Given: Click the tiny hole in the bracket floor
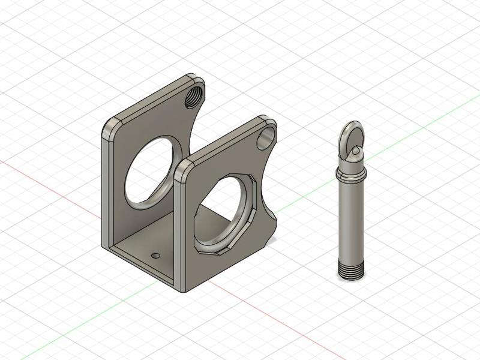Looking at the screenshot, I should click(x=156, y=256).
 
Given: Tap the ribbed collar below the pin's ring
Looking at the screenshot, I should click(x=350, y=173).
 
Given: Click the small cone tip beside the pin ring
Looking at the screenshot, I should click(x=358, y=150).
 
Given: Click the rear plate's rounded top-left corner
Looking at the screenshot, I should click(x=110, y=124).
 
